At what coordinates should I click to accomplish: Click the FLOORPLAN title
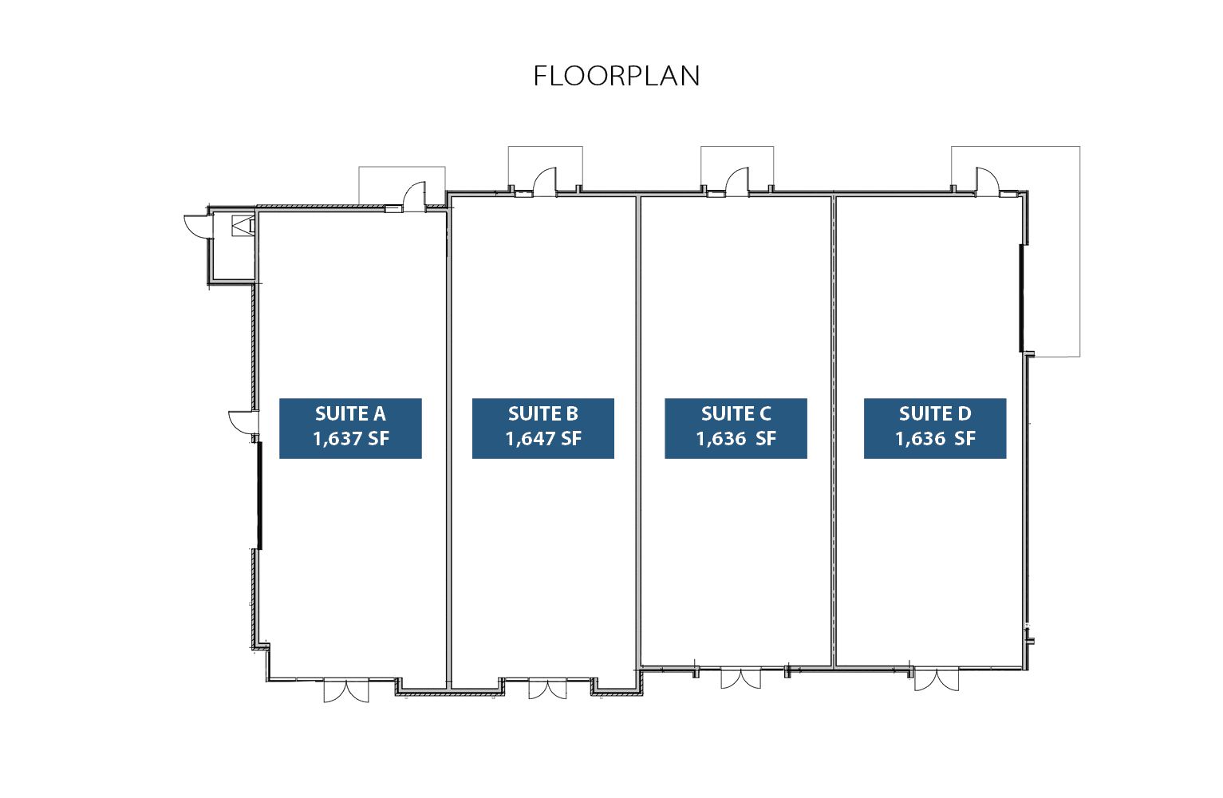[x=617, y=76]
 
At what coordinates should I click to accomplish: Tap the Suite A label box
[x=350, y=429]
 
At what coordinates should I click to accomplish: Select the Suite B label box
[x=543, y=429]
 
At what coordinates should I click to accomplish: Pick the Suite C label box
[x=736, y=429]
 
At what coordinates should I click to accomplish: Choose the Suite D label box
[x=935, y=429]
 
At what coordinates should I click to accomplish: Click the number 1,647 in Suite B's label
[x=525, y=439]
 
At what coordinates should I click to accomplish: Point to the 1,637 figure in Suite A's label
[x=333, y=439]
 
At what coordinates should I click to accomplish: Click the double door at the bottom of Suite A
[x=346, y=690]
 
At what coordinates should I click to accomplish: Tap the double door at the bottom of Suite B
[x=547, y=688]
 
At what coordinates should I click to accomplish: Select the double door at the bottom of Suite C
[x=741, y=678]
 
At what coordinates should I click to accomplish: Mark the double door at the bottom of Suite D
[x=937, y=679]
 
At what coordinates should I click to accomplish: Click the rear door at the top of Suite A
[x=414, y=196]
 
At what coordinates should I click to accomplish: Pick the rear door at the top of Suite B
[x=545, y=182]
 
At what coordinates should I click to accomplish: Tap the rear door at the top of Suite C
[x=737, y=182]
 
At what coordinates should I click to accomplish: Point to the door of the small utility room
[x=199, y=227]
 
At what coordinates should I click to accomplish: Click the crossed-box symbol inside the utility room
[x=243, y=226]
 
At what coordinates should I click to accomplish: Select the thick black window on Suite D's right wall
[x=1021, y=298]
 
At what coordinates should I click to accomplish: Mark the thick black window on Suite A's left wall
[x=260, y=496]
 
